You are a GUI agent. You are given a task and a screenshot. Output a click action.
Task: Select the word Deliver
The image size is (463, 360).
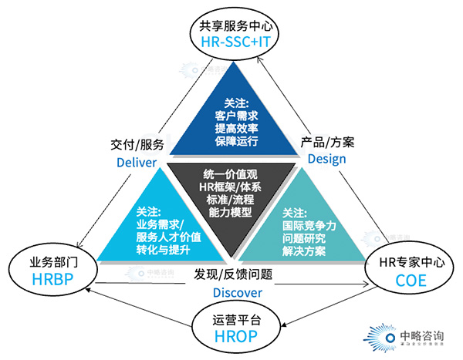(137, 162)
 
